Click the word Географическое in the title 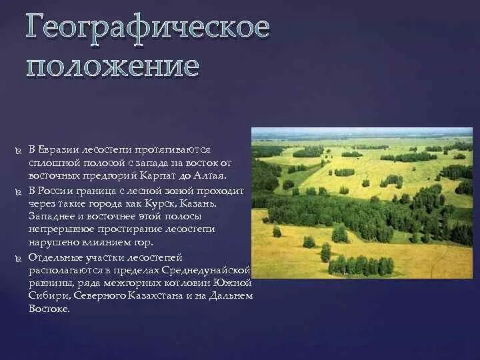(148, 29)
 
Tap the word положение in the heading (113, 67)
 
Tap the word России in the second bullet (56, 190)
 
